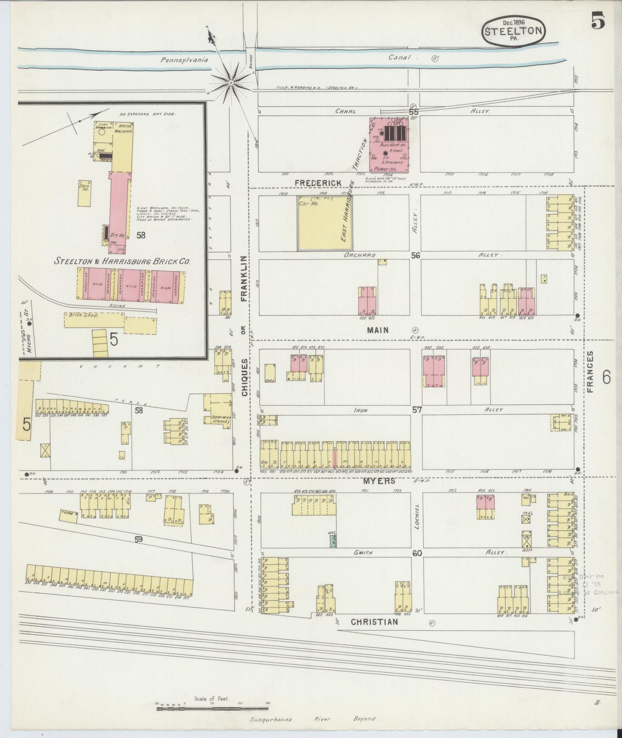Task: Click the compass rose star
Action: [x=231, y=81]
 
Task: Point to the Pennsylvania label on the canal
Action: [x=184, y=60]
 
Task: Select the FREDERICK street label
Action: [x=318, y=183]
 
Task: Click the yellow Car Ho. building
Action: [x=325, y=223]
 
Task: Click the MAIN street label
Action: [x=378, y=330]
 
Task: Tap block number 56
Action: [x=415, y=255]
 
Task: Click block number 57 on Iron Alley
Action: [x=416, y=410]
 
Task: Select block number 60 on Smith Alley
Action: [x=417, y=553]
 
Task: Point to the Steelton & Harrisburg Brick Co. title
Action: [x=122, y=261]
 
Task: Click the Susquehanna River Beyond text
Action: [x=313, y=719]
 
